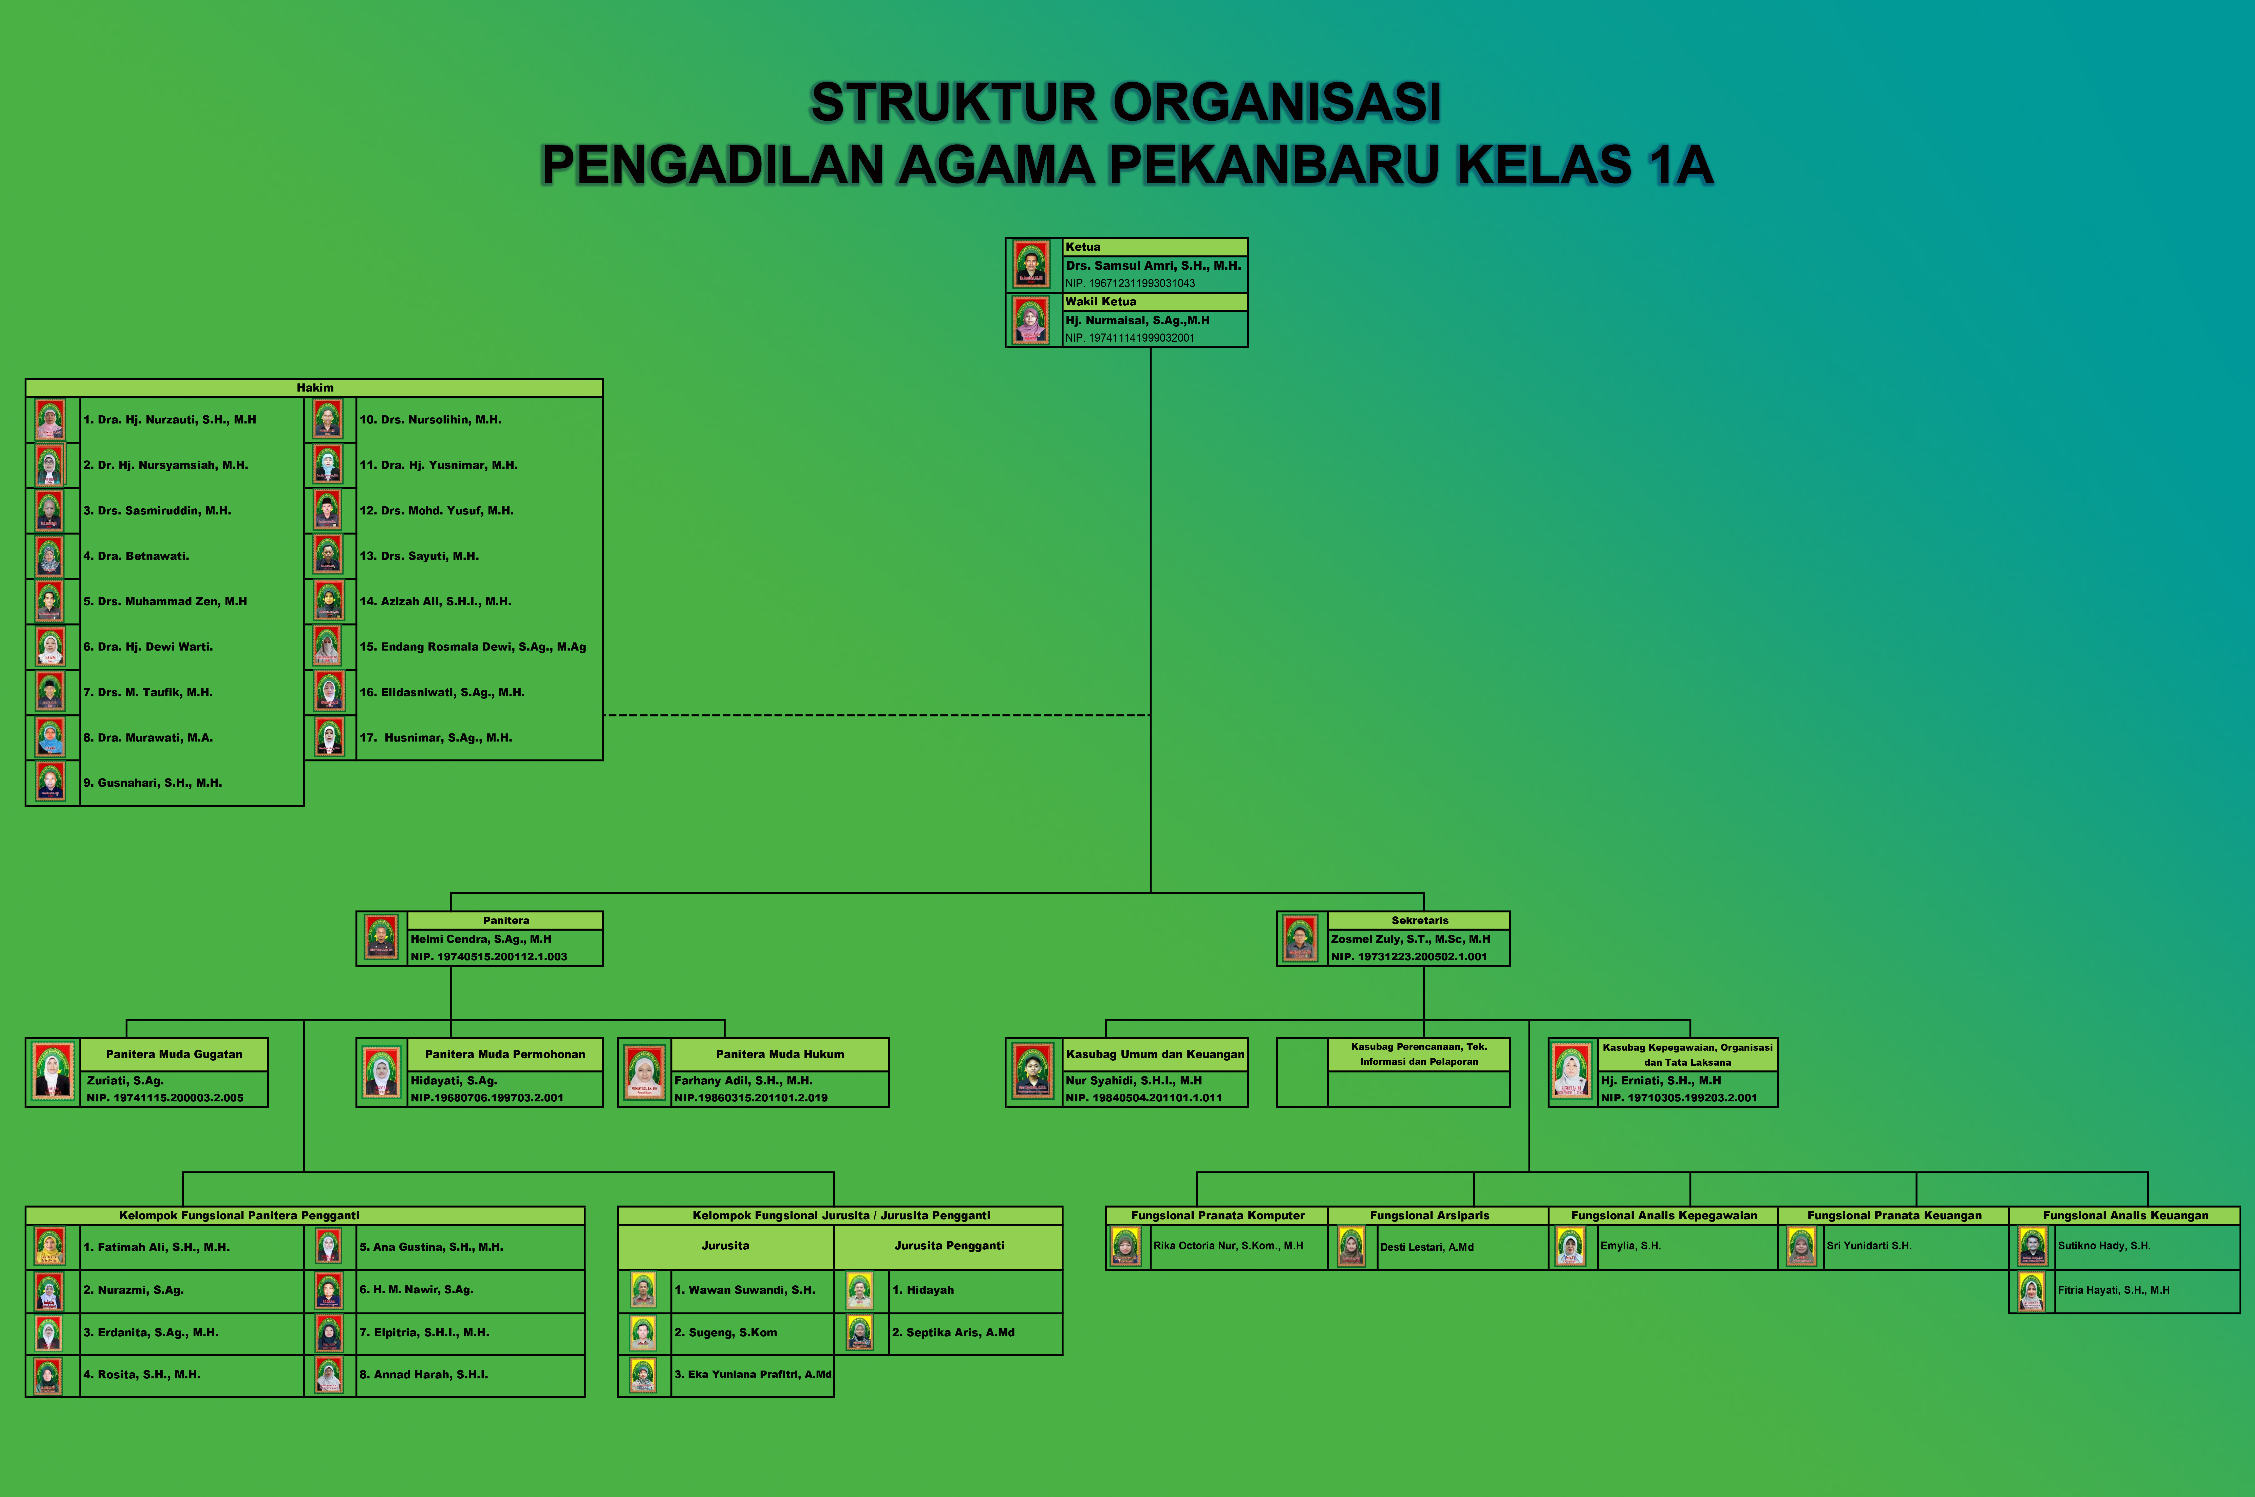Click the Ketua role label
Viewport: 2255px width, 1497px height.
coord(1083,246)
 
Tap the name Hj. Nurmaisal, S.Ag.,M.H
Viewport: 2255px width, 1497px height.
coord(1138,320)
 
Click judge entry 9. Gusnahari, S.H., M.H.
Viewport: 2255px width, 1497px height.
coord(153,783)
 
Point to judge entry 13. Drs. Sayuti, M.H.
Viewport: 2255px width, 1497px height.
coord(419,556)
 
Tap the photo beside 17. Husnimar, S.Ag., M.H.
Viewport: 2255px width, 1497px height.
coord(329,737)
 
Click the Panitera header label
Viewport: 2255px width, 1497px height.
coord(506,920)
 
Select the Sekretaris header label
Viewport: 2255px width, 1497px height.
coord(1420,920)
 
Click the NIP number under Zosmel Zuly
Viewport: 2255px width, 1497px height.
coord(1410,957)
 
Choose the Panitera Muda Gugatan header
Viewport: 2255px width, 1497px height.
coord(174,1054)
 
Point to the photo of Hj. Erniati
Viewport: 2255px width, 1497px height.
coord(1572,1071)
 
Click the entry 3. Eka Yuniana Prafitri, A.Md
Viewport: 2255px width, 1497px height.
coord(753,1375)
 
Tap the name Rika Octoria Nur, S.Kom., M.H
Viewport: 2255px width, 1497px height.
coord(1228,1246)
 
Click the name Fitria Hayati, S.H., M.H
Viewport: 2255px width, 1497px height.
coord(2114,1290)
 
